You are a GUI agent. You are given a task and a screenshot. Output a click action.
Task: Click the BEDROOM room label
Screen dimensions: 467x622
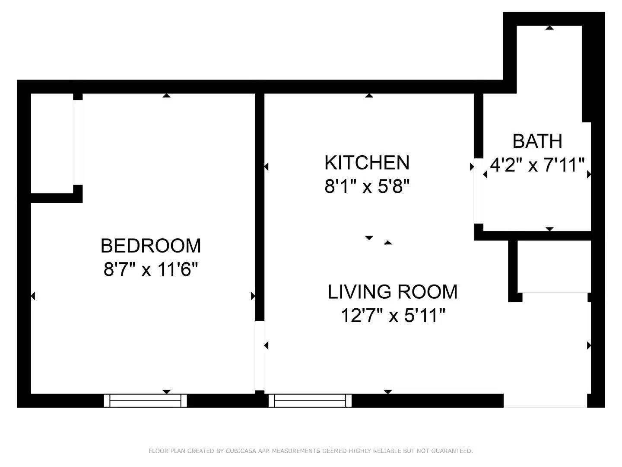click(151, 246)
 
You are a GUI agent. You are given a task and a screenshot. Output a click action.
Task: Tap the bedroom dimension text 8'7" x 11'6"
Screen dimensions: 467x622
click(151, 270)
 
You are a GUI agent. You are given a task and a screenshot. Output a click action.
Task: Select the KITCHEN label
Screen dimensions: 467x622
click(367, 163)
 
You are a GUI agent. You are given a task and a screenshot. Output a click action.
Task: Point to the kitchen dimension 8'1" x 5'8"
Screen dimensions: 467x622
click(367, 187)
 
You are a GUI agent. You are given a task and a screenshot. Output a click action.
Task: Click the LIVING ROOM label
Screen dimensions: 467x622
click(392, 292)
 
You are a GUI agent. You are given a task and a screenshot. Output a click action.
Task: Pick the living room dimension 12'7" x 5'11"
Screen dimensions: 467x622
click(392, 316)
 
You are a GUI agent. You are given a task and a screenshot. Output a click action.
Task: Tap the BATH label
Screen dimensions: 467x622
click(537, 141)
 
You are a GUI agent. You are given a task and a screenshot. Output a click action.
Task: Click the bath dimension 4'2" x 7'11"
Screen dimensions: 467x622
click(537, 165)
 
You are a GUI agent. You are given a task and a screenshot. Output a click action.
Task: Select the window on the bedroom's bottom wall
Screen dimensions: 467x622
click(146, 401)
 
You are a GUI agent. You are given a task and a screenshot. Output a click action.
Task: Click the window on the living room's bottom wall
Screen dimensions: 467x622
click(310, 401)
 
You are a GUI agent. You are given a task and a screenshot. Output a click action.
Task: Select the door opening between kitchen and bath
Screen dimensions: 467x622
click(478, 191)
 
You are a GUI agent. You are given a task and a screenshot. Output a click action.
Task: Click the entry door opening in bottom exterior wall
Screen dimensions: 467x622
click(545, 401)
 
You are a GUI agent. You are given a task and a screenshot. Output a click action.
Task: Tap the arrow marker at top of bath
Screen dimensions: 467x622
click(549, 28)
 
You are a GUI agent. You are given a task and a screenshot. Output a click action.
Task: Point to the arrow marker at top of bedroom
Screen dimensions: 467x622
click(166, 96)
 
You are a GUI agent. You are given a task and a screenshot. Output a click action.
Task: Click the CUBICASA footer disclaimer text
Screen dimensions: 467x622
click(311, 451)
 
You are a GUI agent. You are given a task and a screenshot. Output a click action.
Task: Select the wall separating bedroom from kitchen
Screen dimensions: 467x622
click(259, 203)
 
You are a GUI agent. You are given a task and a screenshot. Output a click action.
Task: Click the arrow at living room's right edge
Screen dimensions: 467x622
click(589, 345)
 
